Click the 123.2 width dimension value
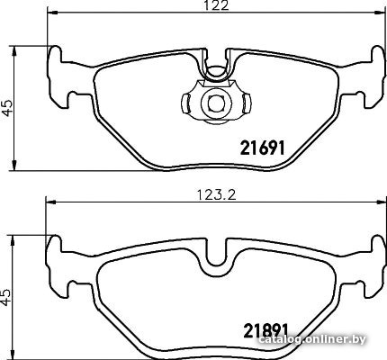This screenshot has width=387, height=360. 217,195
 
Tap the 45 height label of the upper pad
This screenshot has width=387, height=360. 6,108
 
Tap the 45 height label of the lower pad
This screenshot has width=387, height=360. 5,298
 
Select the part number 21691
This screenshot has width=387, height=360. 262,148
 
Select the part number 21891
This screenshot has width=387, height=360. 265,330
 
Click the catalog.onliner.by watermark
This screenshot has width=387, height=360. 312,339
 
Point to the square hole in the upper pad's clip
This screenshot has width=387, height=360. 216,103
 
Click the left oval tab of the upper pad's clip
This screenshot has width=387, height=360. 186,103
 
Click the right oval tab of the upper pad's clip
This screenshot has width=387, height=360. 247,103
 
